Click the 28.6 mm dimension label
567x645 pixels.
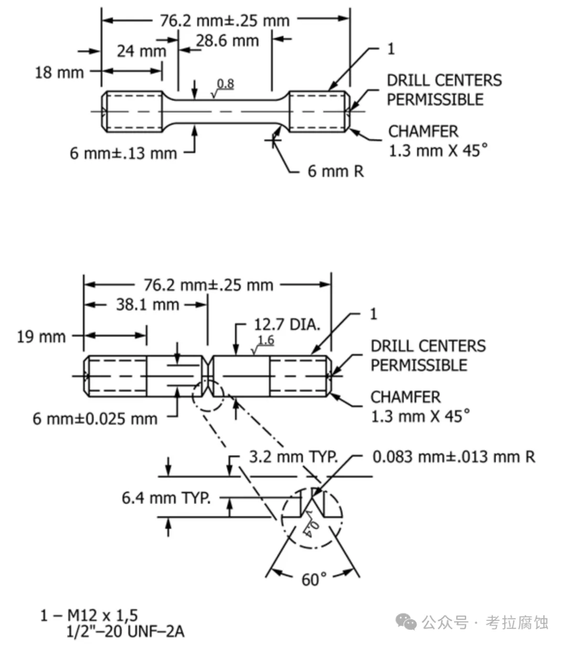(x=227, y=40)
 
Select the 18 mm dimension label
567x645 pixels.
(x=59, y=72)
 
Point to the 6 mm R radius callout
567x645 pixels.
(x=335, y=171)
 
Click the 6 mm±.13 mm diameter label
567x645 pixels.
(x=123, y=153)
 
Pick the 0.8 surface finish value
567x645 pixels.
(x=225, y=84)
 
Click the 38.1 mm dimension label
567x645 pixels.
(x=148, y=305)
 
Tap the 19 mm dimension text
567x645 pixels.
(x=41, y=337)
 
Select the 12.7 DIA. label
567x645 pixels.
(x=287, y=325)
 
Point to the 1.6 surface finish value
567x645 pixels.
(x=266, y=340)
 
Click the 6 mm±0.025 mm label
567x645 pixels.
(x=95, y=418)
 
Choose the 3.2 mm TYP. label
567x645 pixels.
(x=293, y=457)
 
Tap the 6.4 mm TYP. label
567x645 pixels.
(x=166, y=498)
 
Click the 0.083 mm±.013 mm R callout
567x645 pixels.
(x=454, y=457)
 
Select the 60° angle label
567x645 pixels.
(x=314, y=579)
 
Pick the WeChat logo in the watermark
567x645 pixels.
(x=407, y=622)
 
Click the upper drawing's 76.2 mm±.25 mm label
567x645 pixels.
(x=225, y=20)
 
